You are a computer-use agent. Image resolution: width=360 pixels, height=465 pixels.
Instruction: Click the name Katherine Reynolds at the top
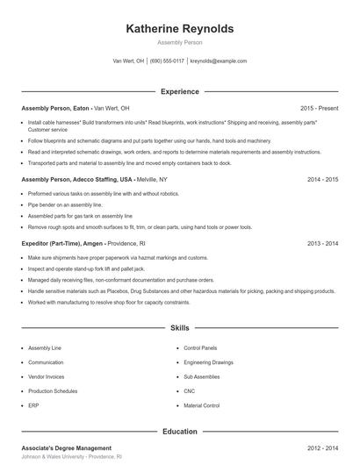tap(180, 28)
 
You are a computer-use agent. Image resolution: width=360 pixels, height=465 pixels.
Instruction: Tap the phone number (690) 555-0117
tap(167, 61)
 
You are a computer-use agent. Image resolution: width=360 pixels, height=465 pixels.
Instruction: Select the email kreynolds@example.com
tap(219, 61)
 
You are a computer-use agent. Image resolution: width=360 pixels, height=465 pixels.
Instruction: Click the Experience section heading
tap(180, 91)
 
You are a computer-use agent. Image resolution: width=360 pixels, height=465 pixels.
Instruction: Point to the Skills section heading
tap(180, 328)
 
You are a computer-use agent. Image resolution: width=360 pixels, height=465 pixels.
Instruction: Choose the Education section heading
tap(180, 431)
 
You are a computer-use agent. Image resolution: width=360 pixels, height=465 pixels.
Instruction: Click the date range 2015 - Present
tap(319, 108)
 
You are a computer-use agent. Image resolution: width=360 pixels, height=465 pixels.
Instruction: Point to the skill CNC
tap(189, 391)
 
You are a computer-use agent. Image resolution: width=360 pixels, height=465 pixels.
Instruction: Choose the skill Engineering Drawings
tap(209, 361)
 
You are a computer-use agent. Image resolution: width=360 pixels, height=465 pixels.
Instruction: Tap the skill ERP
tap(33, 406)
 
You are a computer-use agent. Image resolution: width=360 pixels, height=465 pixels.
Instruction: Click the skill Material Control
tap(201, 406)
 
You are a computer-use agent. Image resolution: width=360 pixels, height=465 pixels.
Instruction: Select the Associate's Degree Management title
tap(66, 447)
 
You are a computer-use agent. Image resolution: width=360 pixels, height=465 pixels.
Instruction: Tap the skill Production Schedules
tap(53, 391)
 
